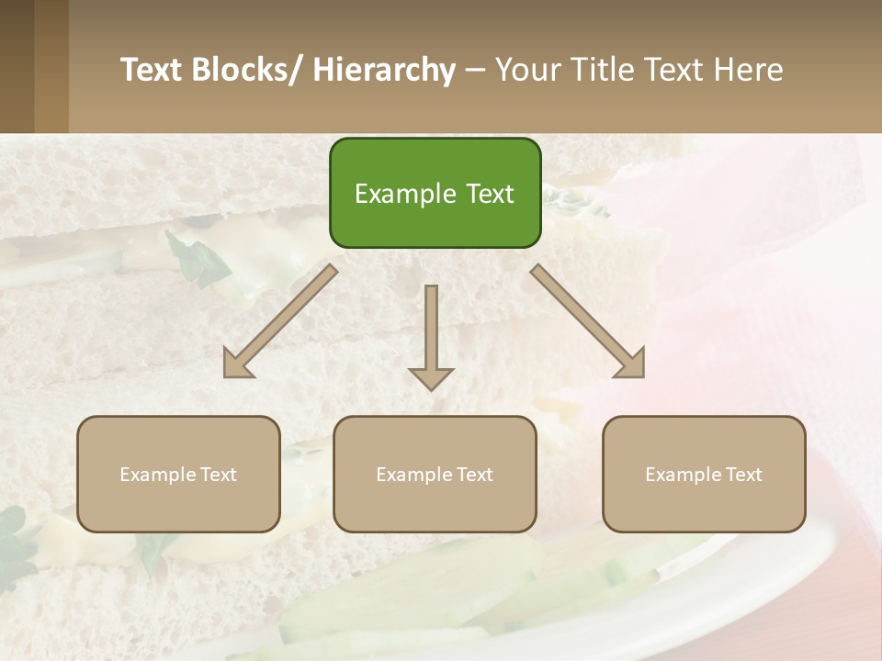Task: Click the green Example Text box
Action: coord(435,193)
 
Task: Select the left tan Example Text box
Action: coord(178,474)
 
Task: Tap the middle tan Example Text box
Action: coord(435,474)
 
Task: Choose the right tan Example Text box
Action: coord(704,474)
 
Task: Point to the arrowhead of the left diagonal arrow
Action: coord(236,365)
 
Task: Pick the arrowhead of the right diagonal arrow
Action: coord(632,365)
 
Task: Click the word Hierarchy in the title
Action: coord(384,70)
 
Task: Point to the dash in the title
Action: coord(475,70)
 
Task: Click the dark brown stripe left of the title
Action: coord(17,66)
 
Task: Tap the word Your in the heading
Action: coord(528,70)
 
